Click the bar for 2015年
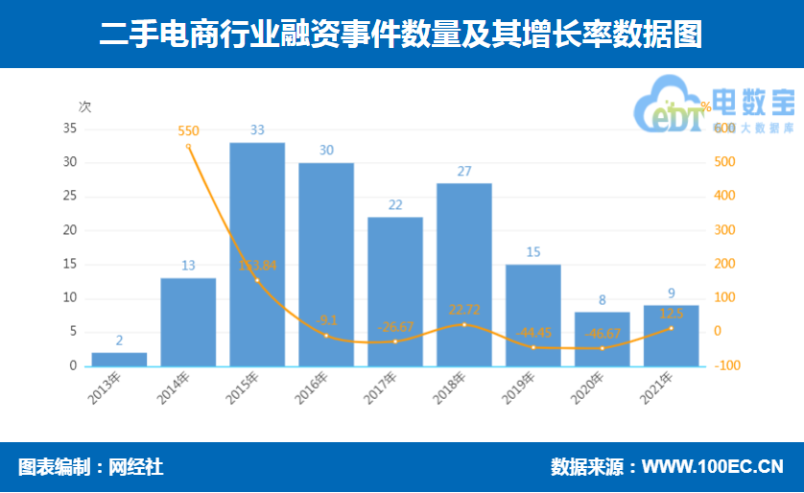pos(257,254)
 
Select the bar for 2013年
pos(119,359)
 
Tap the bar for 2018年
pos(464,274)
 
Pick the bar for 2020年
pos(603,339)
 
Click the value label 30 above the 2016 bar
pos(326,151)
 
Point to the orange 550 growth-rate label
pos(189,130)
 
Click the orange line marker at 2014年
pos(188,146)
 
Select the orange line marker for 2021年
pos(671,328)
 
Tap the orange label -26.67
pos(394,327)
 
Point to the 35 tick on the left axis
pos(69,129)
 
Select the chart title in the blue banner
pos(401,35)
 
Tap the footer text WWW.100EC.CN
pos(712,468)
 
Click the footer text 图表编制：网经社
pos(90,468)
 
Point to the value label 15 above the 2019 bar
pos(533,252)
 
